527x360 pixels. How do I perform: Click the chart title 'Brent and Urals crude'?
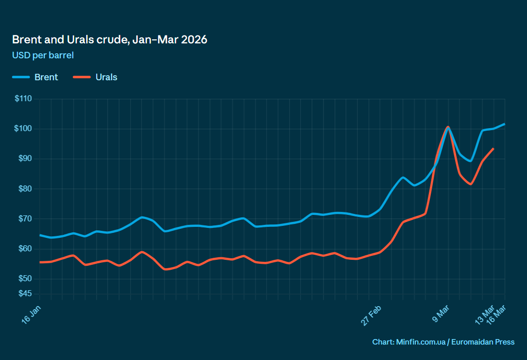(110, 40)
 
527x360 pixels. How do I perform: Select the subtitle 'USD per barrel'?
(43, 55)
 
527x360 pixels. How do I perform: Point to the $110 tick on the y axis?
(23, 99)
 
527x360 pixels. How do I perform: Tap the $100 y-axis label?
(23, 129)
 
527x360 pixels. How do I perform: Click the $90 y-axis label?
(24, 159)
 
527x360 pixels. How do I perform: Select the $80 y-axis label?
(24, 188)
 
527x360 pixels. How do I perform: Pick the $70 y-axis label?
(24, 218)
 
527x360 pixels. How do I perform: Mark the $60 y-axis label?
(24, 248)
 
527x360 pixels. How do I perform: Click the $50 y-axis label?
(24, 278)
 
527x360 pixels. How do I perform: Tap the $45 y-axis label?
(24, 293)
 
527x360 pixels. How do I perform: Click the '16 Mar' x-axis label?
(496, 313)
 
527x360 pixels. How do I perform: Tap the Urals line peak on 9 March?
(448, 127)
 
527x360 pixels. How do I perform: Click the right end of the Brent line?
(505, 124)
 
